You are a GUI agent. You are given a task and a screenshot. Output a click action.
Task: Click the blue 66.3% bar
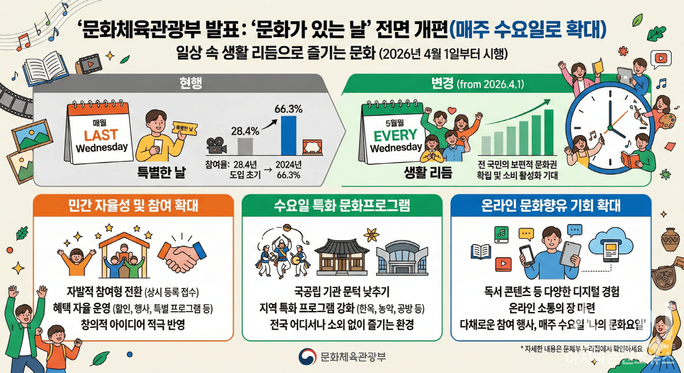pos(289,135)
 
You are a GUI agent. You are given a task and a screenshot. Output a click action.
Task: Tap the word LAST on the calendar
pos(101,135)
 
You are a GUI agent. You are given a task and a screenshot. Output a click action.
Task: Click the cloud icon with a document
pos(609,246)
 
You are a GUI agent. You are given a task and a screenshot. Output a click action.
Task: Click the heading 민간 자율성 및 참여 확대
pos(133,206)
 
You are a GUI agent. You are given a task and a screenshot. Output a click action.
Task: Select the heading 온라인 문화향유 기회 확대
pos(550,206)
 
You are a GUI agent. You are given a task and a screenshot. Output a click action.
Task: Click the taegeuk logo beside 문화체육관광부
pos(307,358)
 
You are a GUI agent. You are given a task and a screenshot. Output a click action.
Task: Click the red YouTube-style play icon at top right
pos(661,58)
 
